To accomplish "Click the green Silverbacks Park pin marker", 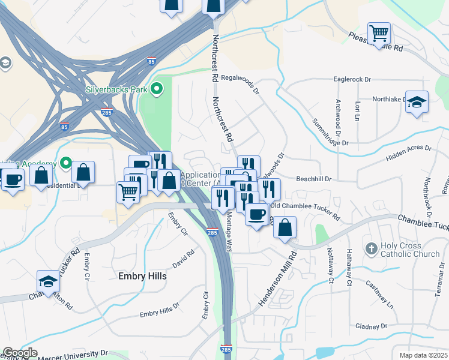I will pyautogui.click(x=157, y=90).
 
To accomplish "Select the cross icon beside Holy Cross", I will pyautogui.click(x=371, y=248).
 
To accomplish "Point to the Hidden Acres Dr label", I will pyautogui.click(x=409, y=151).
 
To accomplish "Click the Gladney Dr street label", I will pyautogui.click(x=371, y=326).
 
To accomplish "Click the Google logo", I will pyautogui.click(x=19, y=353).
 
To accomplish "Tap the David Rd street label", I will pyautogui.click(x=183, y=260).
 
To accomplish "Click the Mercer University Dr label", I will pyautogui.click(x=72, y=356).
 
